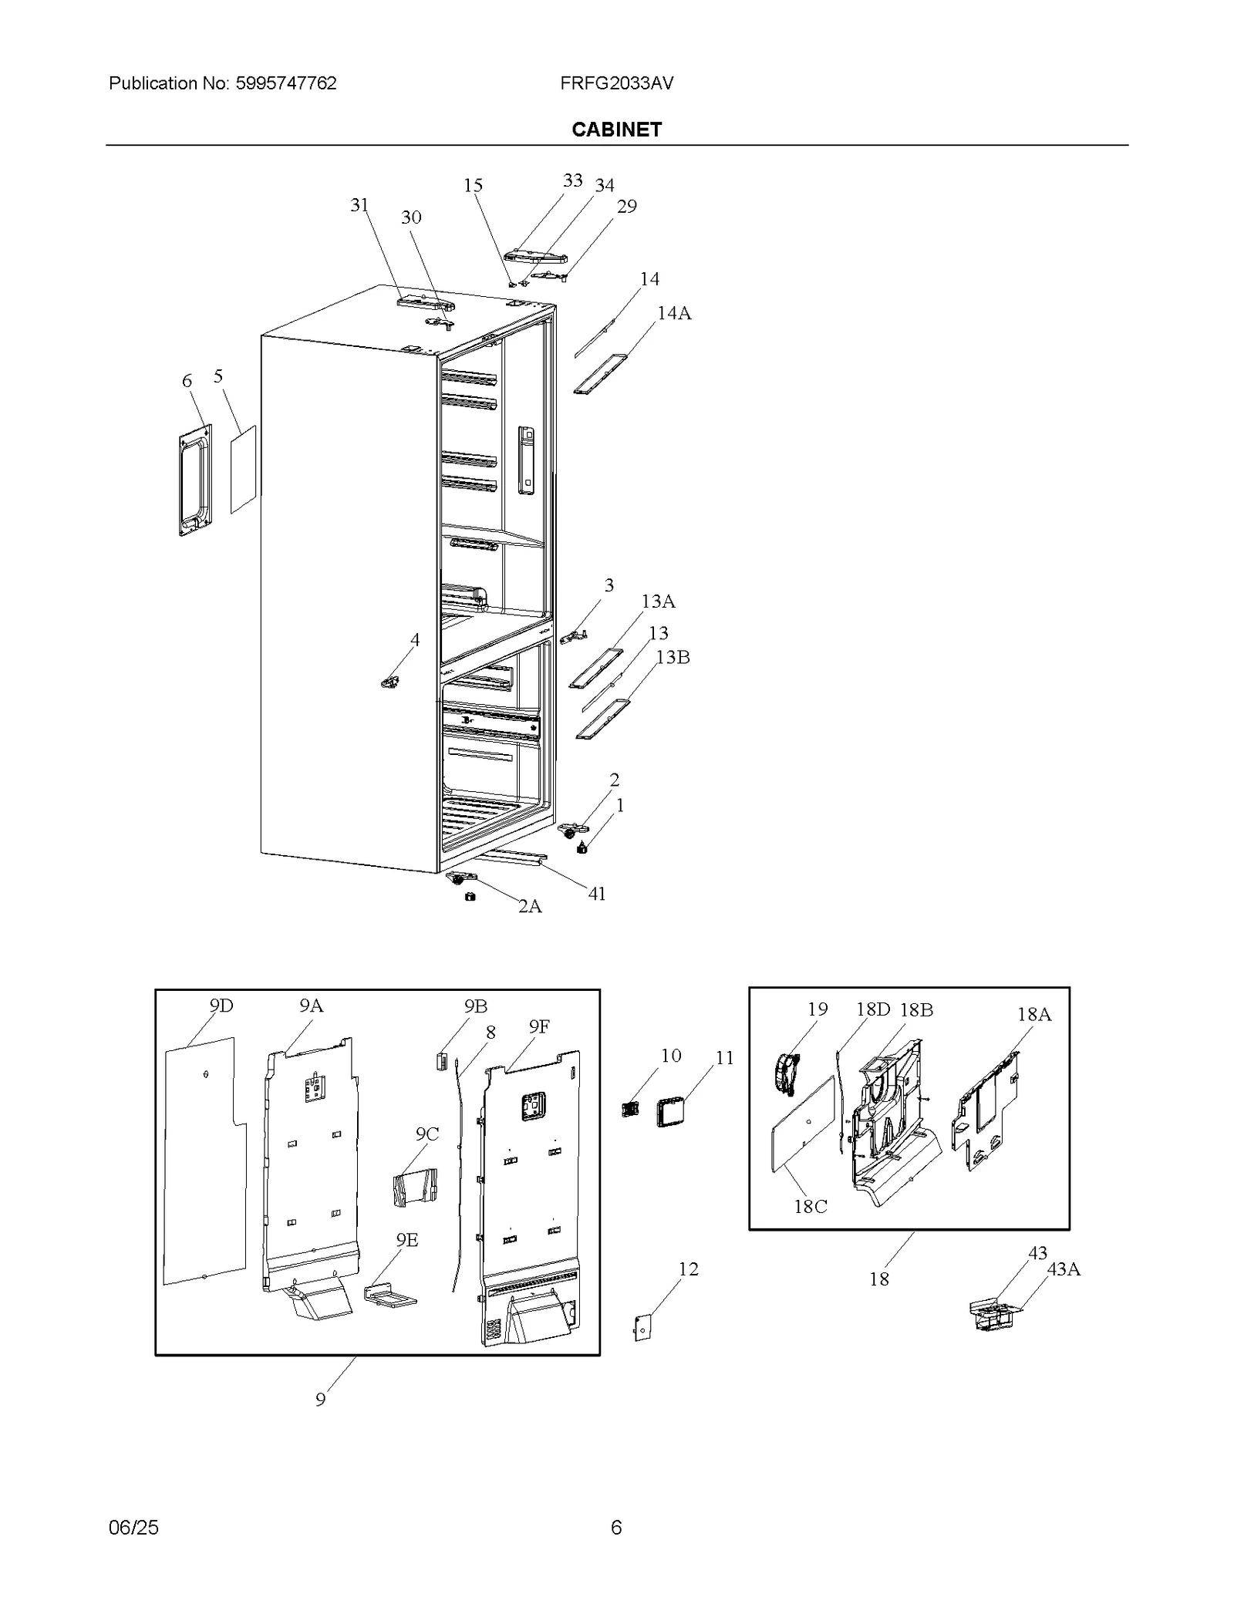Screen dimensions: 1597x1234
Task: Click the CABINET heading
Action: click(616, 130)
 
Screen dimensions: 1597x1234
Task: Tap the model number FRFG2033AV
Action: click(616, 83)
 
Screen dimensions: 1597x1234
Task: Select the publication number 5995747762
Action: click(286, 83)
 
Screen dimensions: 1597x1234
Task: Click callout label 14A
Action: click(673, 313)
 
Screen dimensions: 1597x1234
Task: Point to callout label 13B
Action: click(673, 657)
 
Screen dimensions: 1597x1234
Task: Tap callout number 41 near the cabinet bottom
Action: click(597, 894)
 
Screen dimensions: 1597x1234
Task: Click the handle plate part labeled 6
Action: click(194, 480)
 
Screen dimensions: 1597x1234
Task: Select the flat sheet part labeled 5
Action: click(243, 469)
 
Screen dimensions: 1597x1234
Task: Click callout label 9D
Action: click(221, 1006)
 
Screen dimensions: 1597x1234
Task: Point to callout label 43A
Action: click(1064, 1269)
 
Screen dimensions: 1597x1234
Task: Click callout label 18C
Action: click(811, 1207)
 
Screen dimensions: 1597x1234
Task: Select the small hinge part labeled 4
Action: click(391, 682)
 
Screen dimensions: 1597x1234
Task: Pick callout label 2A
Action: click(530, 906)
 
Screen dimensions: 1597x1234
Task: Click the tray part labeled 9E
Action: click(389, 1295)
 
